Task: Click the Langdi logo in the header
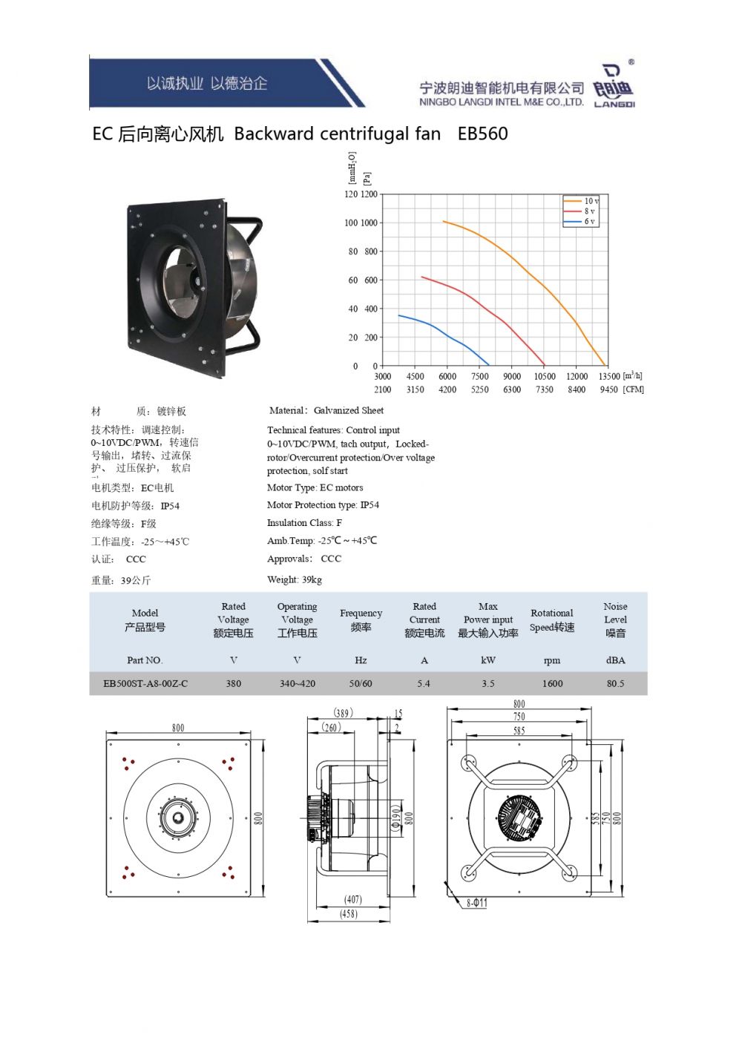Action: (x=614, y=85)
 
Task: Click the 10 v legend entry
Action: (x=581, y=201)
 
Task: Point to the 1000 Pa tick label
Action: (x=369, y=223)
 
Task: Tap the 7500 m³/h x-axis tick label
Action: (x=479, y=377)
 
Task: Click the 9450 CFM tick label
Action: (x=609, y=389)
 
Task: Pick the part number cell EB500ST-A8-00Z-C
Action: (x=145, y=684)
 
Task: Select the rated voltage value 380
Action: (x=233, y=684)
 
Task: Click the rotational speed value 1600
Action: (x=552, y=684)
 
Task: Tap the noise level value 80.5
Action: (x=616, y=684)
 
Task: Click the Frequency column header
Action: (x=361, y=620)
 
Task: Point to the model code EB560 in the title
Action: (x=482, y=134)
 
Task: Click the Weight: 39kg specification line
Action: (x=295, y=579)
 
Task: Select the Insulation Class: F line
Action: (x=304, y=522)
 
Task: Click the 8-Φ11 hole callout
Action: (x=477, y=902)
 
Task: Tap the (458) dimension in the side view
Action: (x=349, y=914)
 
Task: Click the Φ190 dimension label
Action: (x=396, y=818)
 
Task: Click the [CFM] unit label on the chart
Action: (x=634, y=389)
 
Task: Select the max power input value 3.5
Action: (x=488, y=684)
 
